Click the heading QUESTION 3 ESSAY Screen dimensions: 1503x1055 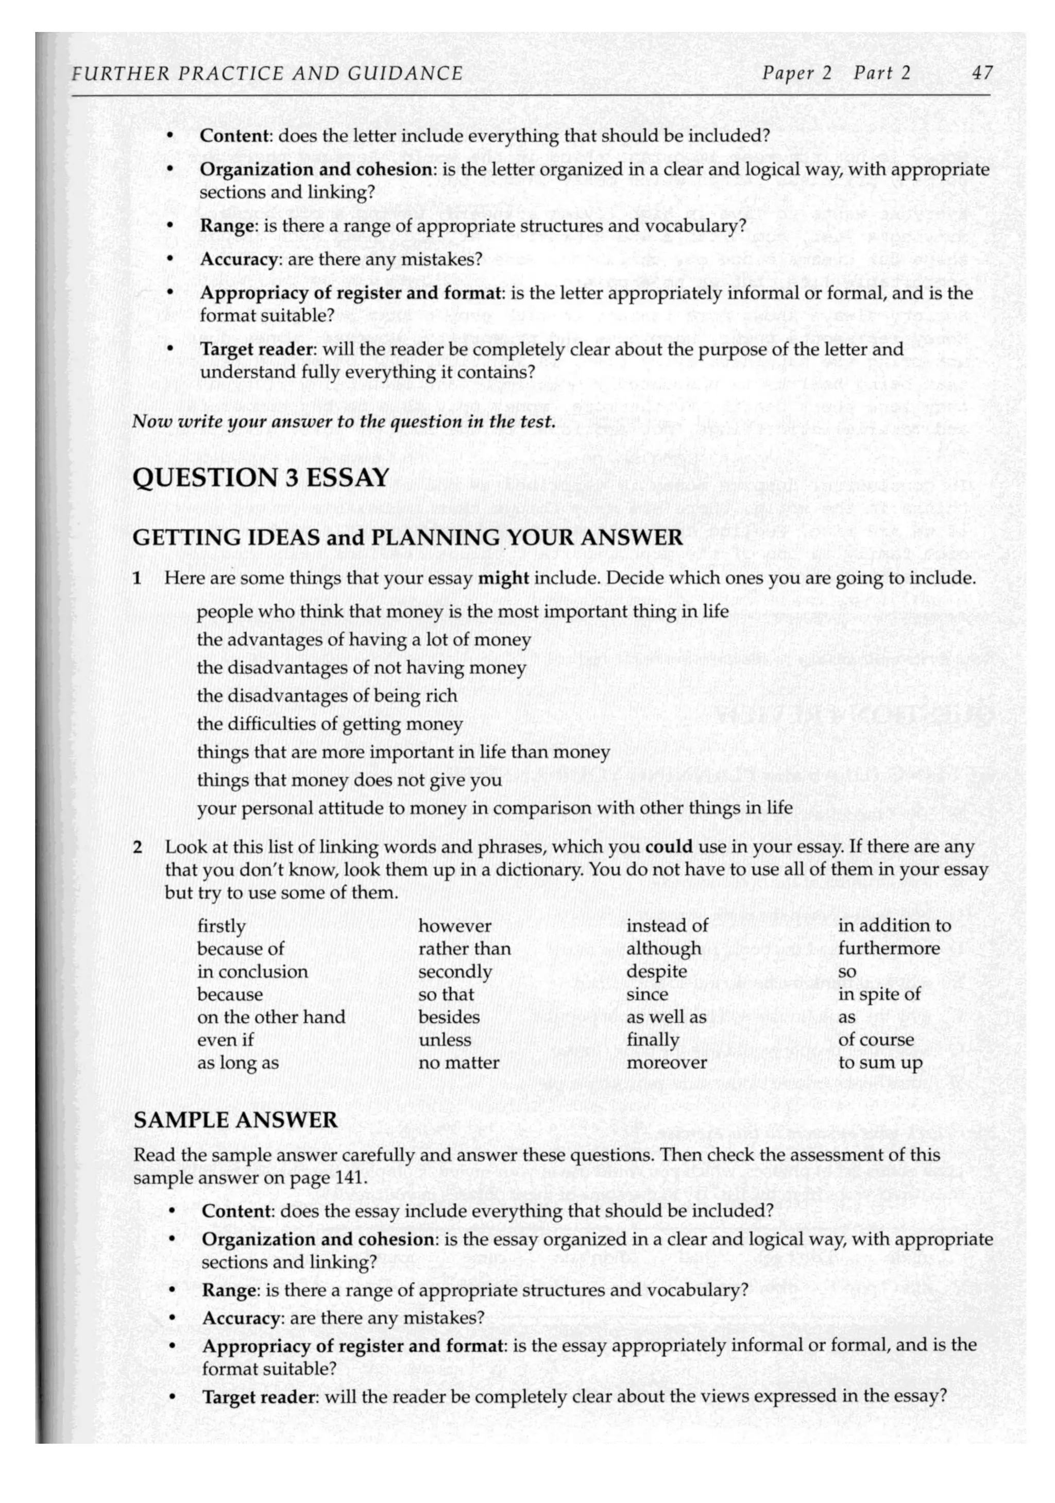[x=261, y=477]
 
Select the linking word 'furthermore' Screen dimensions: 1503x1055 [x=888, y=948]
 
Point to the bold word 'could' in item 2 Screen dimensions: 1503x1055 [x=668, y=847]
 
